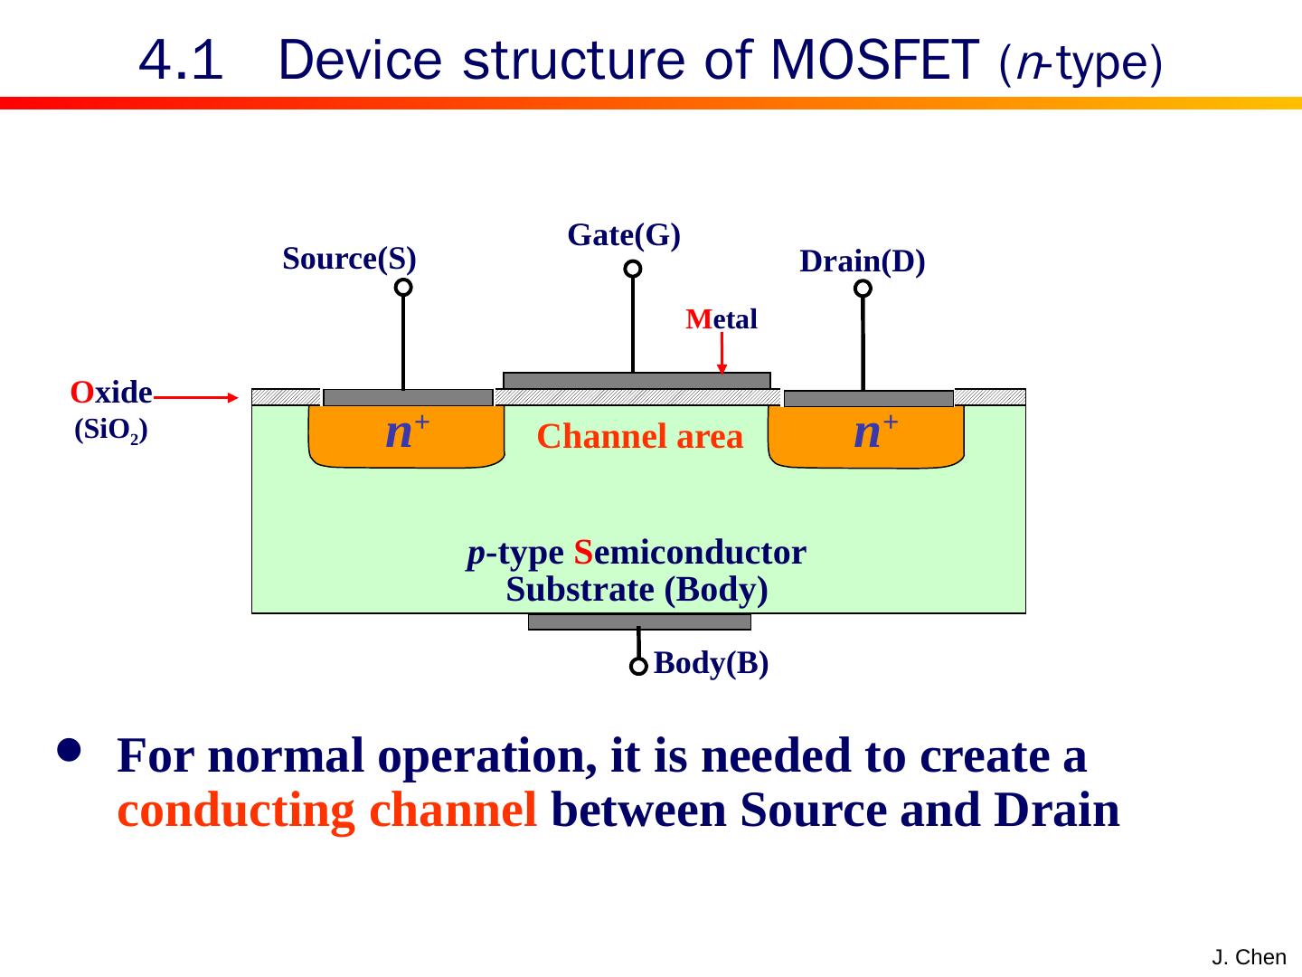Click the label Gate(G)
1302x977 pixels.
[624, 235]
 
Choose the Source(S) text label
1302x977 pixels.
[349, 259]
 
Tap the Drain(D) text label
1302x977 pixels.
[863, 261]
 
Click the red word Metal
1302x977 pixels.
[722, 319]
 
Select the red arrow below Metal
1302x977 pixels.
[722, 353]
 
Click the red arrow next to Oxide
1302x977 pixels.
[195, 397]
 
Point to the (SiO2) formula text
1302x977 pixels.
[111, 430]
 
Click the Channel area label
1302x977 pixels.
[639, 437]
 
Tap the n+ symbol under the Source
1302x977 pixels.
[407, 432]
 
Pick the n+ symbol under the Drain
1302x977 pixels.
[875, 432]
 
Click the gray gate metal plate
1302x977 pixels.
[637, 380]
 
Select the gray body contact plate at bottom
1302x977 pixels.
[639, 621]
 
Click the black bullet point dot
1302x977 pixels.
[69, 750]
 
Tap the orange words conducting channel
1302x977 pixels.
[326, 811]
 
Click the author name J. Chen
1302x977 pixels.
[1249, 957]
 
